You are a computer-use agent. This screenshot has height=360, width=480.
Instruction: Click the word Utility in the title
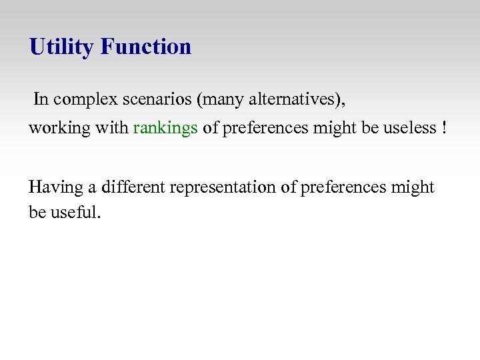click(x=63, y=47)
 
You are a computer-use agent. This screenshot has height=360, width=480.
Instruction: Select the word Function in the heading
click(x=146, y=47)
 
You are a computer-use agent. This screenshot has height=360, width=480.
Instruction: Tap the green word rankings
click(x=165, y=128)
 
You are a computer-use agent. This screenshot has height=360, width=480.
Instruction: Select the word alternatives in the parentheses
click(x=294, y=99)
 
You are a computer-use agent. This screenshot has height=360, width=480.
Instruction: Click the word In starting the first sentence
click(x=41, y=99)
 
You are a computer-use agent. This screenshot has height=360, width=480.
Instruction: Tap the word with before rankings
click(x=113, y=128)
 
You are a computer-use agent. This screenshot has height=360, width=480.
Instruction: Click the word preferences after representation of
click(x=344, y=187)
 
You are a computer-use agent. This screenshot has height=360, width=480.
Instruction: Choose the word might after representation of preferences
click(x=413, y=187)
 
